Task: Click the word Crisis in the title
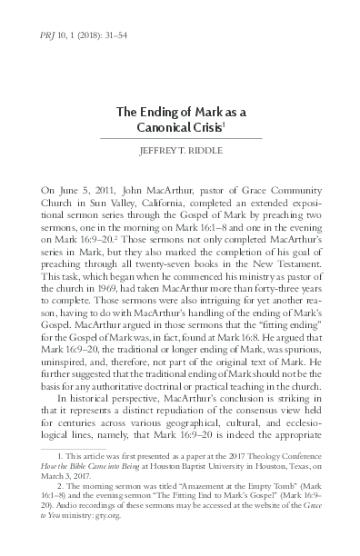(x=210, y=129)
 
